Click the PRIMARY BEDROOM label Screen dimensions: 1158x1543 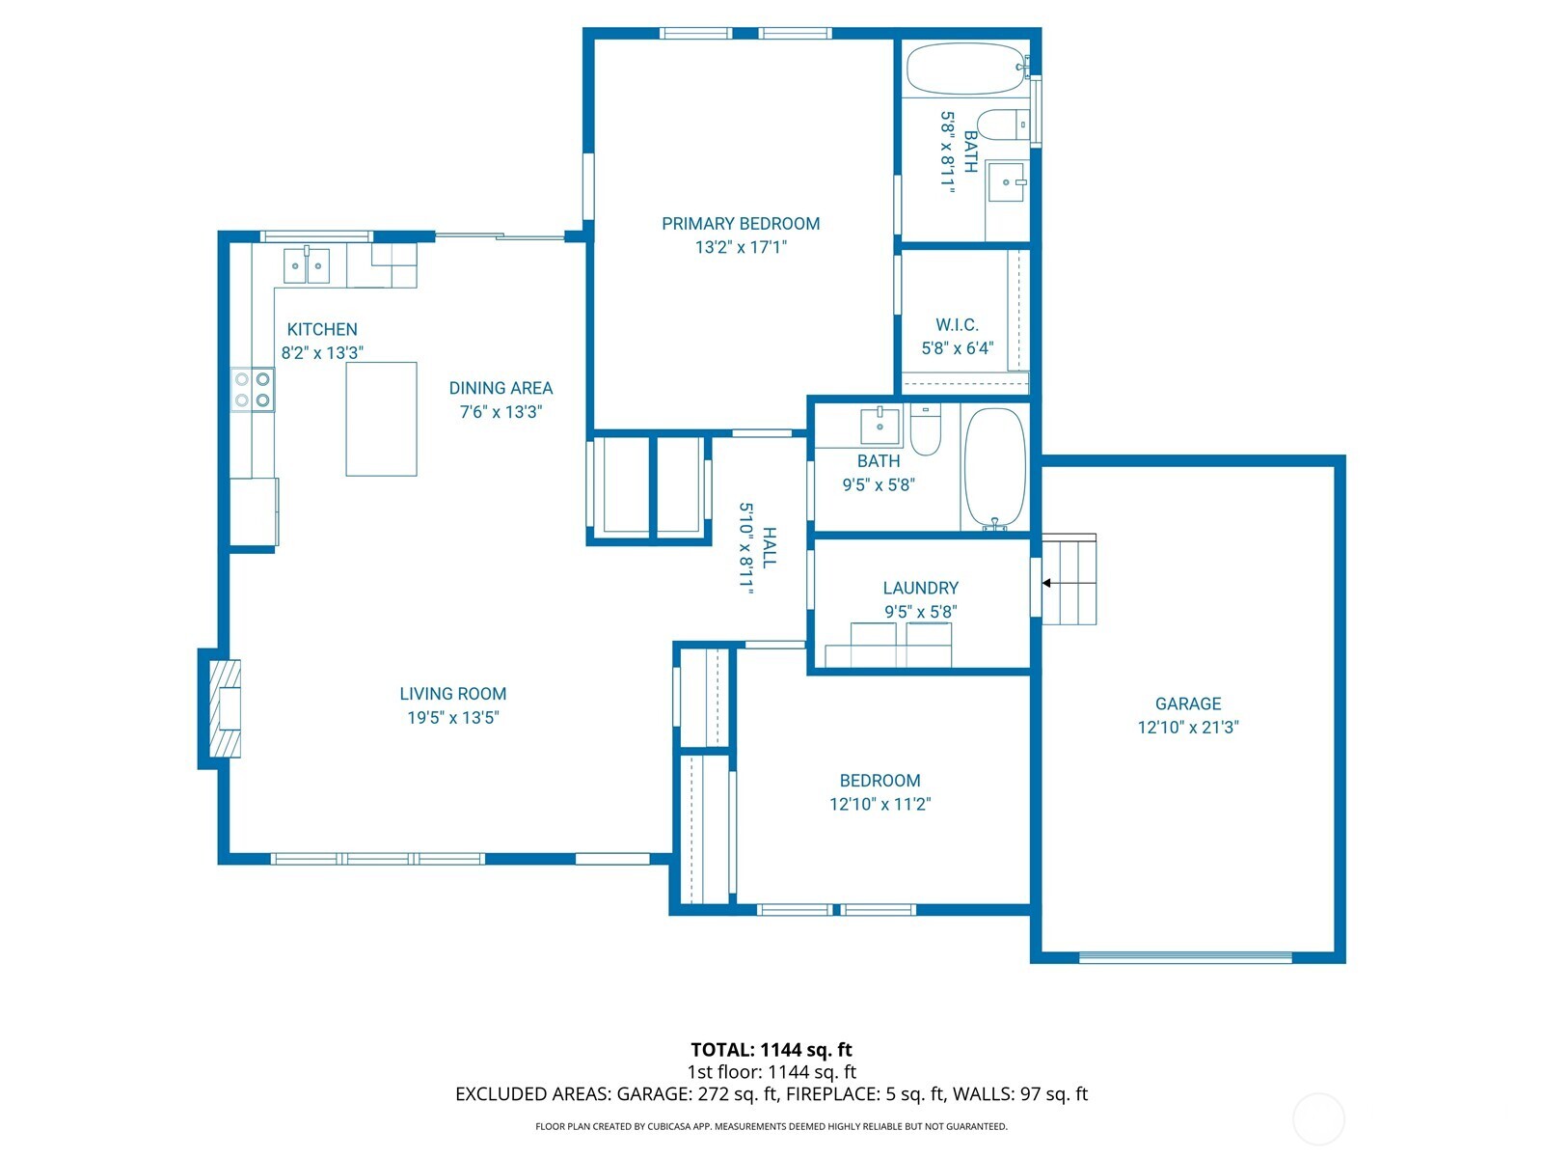(741, 224)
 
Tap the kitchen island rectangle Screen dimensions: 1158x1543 (381, 419)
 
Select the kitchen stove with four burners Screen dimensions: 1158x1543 (252, 390)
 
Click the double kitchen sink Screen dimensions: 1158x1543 (307, 265)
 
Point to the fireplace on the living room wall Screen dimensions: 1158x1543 (222, 708)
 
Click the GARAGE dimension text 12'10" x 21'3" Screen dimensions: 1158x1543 (1187, 728)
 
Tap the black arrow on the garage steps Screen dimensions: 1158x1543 (1047, 583)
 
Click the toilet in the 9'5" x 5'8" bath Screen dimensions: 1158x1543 (925, 431)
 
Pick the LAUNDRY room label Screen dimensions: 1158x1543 (920, 588)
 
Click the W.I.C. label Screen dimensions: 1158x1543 (957, 325)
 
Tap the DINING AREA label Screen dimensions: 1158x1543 (501, 388)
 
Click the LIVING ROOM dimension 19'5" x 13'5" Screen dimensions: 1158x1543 (452, 717)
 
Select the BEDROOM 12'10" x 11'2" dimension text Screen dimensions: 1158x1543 (880, 804)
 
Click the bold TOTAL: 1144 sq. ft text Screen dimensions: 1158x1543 (771, 1050)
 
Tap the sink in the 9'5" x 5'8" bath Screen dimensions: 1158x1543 (880, 425)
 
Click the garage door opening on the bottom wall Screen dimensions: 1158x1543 (1185, 957)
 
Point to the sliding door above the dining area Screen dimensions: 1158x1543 (499, 236)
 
